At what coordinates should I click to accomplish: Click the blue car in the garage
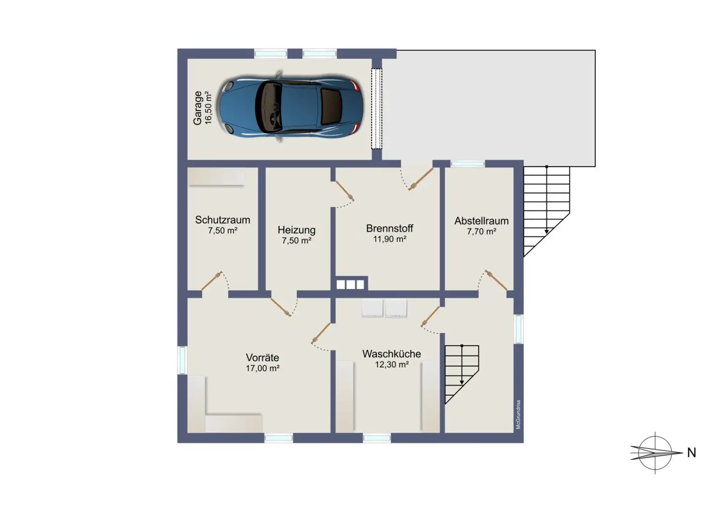[x=290, y=107]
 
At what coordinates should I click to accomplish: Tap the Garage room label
[x=198, y=108]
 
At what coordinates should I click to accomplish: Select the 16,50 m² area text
[x=209, y=108]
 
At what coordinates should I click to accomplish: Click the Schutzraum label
[x=222, y=220]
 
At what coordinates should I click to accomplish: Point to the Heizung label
[x=296, y=230]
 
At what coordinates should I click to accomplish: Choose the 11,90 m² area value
[x=389, y=239]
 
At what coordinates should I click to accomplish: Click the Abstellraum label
[x=481, y=221]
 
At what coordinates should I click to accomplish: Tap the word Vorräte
[x=262, y=358]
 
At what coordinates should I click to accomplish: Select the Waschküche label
[x=391, y=354]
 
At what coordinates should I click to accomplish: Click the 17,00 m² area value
[x=263, y=368]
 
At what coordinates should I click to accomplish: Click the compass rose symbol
[x=655, y=453]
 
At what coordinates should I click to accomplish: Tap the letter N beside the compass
[x=691, y=453]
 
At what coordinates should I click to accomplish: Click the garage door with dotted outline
[x=377, y=109]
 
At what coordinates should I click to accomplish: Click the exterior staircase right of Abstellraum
[x=546, y=206]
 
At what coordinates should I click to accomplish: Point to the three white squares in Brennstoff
[x=350, y=284]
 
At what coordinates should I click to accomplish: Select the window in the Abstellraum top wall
[x=468, y=164]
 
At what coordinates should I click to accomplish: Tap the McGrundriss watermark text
[x=518, y=415]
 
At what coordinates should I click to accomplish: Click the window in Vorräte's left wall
[x=182, y=360]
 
